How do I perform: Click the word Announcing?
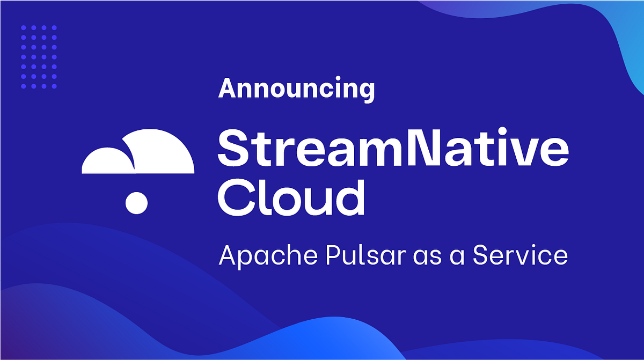(296, 88)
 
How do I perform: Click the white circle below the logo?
(136, 202)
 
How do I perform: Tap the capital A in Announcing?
(226, 88)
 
